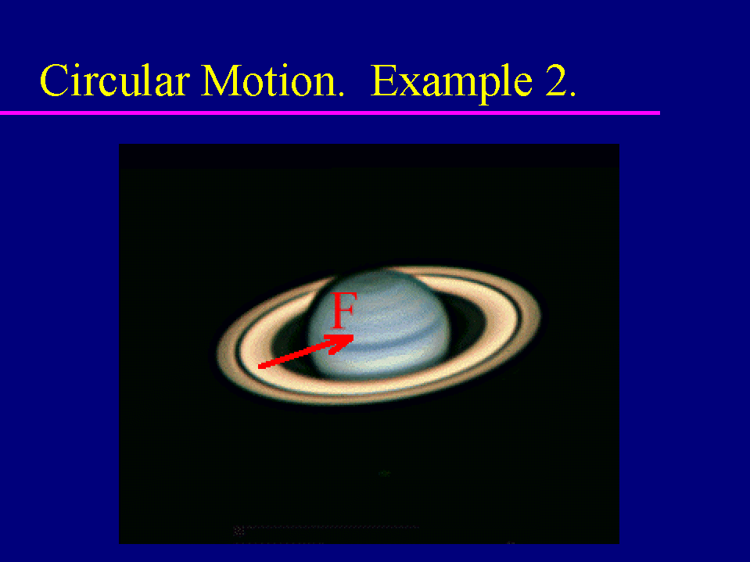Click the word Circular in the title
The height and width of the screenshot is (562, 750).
115,81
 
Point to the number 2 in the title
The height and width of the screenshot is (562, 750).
556,81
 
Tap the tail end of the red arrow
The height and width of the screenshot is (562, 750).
259,367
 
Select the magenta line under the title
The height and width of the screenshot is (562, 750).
330,113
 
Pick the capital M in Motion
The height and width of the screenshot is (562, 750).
219,81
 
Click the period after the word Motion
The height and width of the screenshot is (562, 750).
340,94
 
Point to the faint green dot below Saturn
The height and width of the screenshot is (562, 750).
384,473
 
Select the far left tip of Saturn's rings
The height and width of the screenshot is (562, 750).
217,353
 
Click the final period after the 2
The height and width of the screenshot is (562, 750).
572,94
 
